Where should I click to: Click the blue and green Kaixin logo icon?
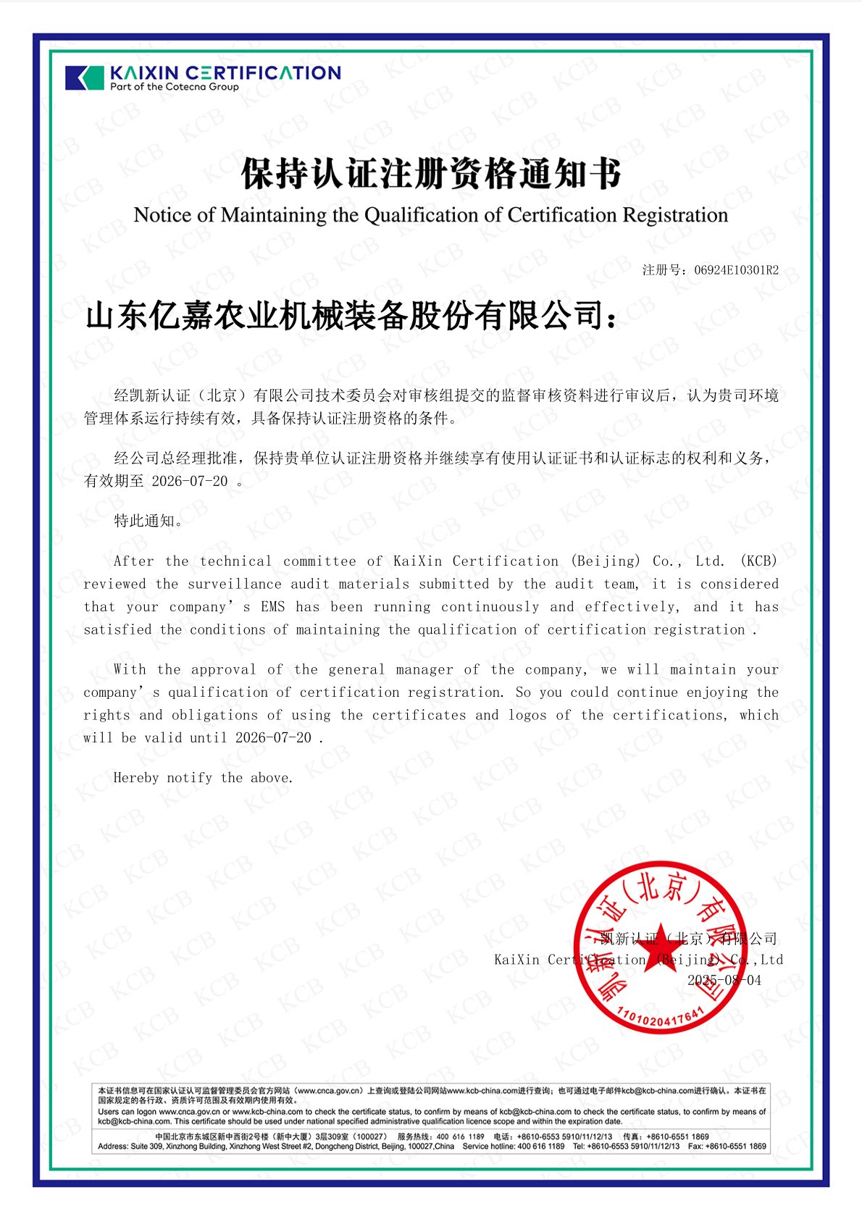pos(85,78)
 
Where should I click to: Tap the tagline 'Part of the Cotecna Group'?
pos(174,87)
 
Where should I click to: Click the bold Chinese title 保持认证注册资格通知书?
pos(431,175)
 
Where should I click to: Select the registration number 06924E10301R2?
pos(736,270)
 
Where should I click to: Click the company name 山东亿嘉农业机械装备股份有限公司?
pos(344,316)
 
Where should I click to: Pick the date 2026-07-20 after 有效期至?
pos(189,481)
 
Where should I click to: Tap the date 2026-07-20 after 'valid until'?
pos(273,737)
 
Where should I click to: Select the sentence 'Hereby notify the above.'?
pos(203,778)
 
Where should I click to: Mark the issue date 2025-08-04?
pos(724,980)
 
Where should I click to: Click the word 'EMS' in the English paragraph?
pos(273,607)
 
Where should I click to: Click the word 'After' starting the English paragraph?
pos(133,561)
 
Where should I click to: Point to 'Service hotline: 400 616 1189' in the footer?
pos(513,1147)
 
